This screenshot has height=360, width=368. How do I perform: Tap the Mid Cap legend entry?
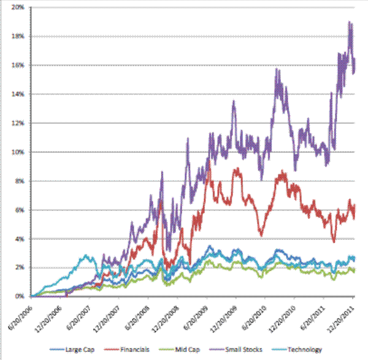pos(196,350)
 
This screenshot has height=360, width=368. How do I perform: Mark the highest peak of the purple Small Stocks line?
pos(349,23)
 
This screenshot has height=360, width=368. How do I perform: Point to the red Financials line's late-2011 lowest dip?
pos(334,242)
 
